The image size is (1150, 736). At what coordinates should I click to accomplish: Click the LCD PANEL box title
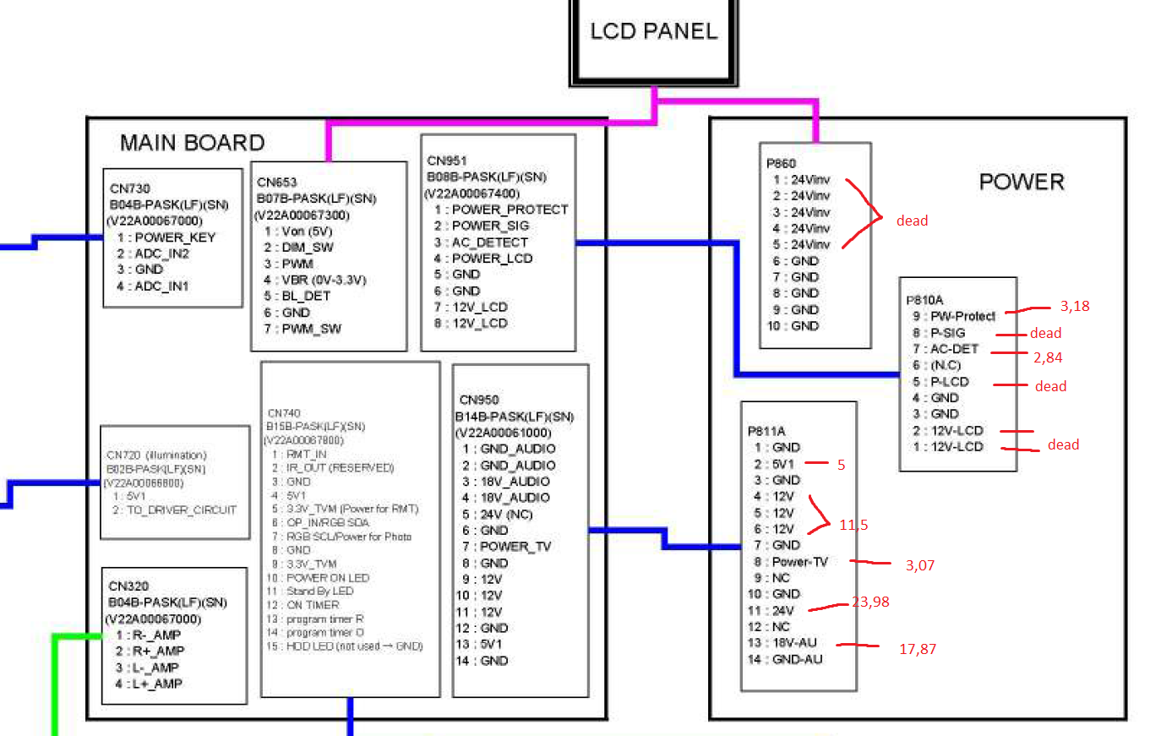click(653, 32)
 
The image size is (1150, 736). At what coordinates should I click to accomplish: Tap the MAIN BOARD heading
click(192, 143)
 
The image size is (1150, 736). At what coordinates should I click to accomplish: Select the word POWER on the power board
click(1022, 182)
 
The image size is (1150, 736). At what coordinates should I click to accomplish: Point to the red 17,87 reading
click(918, 649)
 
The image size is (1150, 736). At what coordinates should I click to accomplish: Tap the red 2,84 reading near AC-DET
click(1047, 357)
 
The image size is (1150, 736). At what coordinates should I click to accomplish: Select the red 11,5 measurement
click(853, 525)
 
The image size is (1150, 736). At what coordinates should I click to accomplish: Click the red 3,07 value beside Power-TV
click(921, 565)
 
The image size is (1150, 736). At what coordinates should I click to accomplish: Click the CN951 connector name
click(446, 161)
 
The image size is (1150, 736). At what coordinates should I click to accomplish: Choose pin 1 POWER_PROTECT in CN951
click(502, 210)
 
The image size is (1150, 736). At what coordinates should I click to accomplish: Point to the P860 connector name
click(782, 163)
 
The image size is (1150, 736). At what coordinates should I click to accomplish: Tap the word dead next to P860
click(912, 221)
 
